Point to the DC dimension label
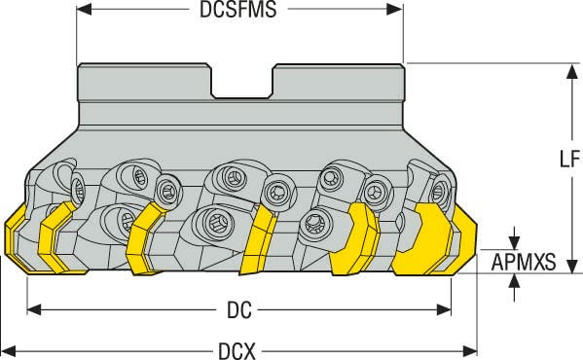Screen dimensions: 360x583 pyautogui.click(x=240, y=310)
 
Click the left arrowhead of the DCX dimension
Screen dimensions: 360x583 pyautogui.click(x=9, y=349)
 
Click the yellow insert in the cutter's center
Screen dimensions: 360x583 pyautogui.click(x=258, y=241)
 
